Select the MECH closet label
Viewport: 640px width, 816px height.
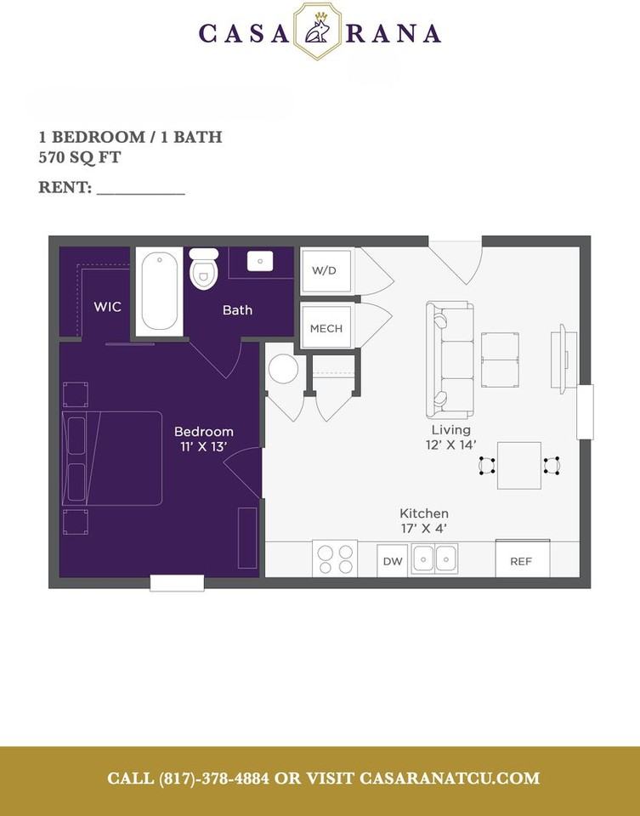point(326,328)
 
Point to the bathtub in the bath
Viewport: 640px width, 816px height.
point(159,291)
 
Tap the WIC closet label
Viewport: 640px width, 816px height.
point(107,306)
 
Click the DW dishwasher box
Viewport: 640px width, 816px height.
point(392,561)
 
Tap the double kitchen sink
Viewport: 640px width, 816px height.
point(434,558)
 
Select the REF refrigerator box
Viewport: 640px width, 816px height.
point(522,560)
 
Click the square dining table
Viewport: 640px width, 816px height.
point(518,465)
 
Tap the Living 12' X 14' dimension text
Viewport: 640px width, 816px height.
point(450,437)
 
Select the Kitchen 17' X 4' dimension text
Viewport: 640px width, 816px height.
point(424,520)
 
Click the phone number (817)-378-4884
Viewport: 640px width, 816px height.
point(212,779)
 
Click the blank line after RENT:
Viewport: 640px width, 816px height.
point(140,189)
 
